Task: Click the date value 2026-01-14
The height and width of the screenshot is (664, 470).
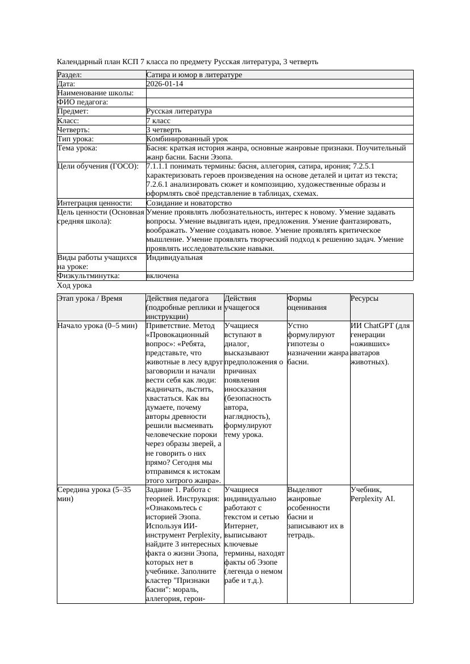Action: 165,84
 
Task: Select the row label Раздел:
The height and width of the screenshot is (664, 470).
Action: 70,75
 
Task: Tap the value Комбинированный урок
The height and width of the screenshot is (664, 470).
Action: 187,139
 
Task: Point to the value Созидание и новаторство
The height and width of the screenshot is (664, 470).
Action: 189,203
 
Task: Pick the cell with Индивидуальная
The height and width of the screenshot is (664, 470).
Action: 174,258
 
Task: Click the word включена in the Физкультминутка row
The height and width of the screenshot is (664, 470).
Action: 163,276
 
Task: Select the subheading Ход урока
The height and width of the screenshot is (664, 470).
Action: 74,286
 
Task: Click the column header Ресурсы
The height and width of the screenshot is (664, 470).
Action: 364,299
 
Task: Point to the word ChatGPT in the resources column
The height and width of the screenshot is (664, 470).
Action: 379,326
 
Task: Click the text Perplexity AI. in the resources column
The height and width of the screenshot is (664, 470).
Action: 373,499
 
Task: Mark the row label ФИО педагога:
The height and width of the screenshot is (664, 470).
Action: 83,102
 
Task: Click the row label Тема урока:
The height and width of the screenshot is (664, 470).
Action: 77,148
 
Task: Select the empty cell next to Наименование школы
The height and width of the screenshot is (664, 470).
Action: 279,93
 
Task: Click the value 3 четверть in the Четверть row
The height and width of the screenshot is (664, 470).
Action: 164,130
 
